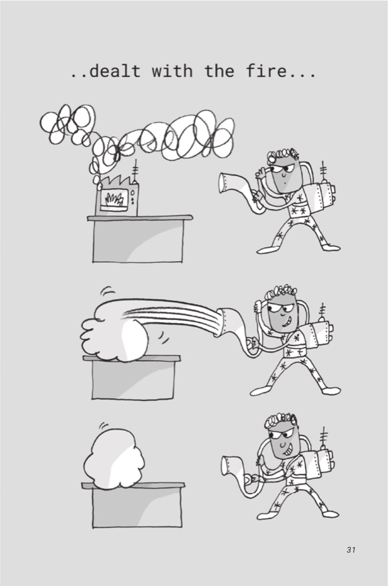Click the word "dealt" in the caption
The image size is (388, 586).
[115, 71]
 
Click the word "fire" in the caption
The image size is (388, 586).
[266, 70]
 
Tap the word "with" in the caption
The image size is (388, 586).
[172, 70]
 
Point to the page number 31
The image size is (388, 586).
[351, 550]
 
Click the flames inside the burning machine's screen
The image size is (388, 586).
[115, 200]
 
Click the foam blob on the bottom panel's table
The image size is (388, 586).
[114, 459]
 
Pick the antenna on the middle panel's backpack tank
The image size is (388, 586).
[322, 312]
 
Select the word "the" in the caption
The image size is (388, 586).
[219, 70]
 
